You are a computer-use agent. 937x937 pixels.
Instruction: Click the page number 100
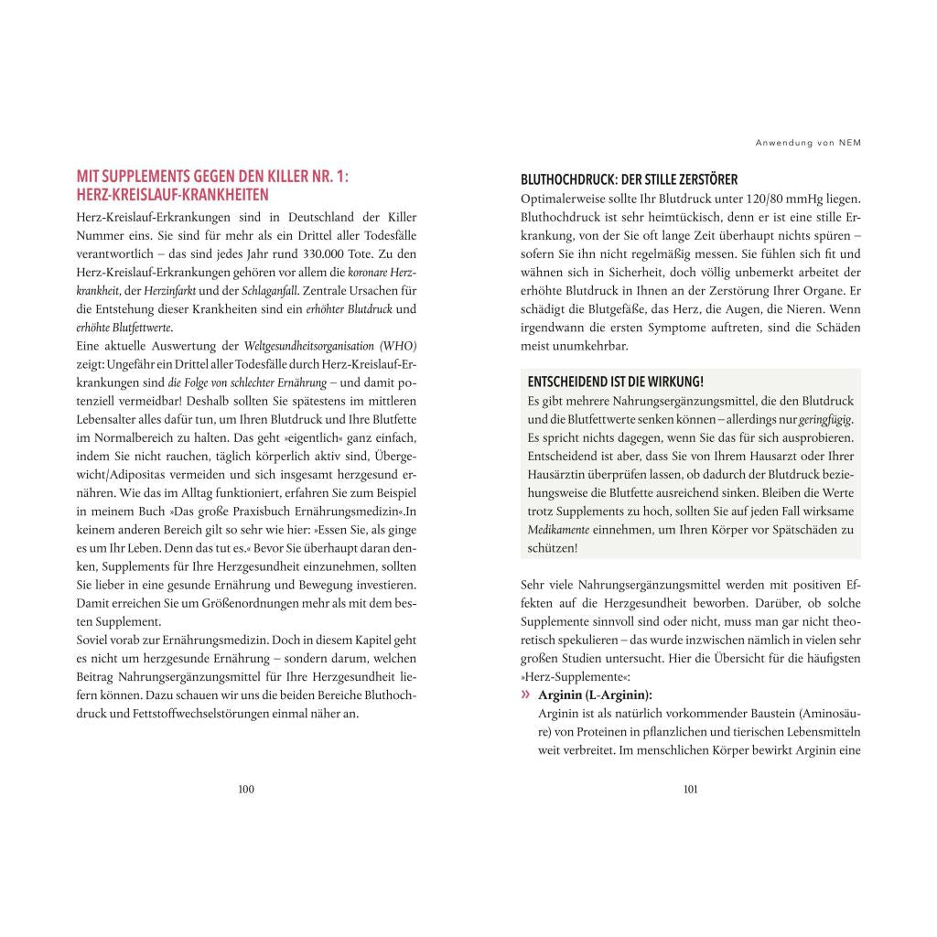(246, 790)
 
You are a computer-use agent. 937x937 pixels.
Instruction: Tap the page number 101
(691, 790)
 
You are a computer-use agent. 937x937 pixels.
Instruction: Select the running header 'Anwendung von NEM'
(809, 143)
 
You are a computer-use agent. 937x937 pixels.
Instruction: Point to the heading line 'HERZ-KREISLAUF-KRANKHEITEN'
(172, 196)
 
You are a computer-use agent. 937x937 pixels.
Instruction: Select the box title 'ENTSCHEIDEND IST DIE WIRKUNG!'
(616, 382)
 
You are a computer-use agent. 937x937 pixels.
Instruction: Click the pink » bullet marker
(525, 695)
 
